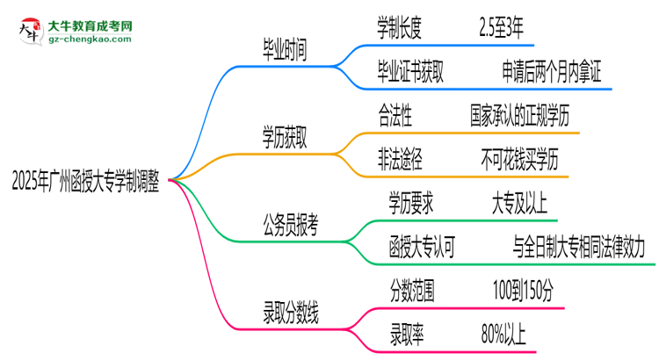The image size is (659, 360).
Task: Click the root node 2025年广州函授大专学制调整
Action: [x=85, y=181]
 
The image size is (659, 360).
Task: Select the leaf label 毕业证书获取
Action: [x=409, y=75]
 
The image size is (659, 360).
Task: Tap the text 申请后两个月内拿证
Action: [x=552, y=75]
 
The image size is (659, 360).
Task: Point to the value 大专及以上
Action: [x=519, y=204]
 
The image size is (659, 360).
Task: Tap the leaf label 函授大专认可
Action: [x=422, y=248]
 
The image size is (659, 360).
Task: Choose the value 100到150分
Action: [x=524, y=288]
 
